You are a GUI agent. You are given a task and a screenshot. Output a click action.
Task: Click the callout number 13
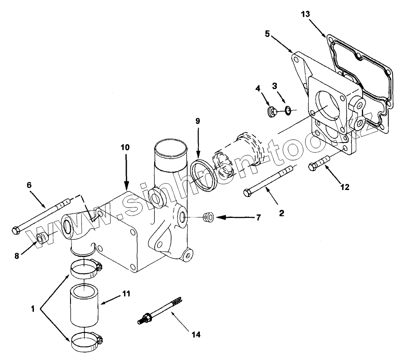306,14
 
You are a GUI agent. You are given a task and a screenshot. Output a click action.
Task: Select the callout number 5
268,33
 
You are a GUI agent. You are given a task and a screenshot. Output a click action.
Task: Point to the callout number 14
196,335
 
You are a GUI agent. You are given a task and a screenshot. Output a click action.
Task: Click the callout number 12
345,188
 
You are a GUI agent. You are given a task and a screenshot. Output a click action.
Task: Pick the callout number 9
198,121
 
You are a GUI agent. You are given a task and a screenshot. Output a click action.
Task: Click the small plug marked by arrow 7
208,216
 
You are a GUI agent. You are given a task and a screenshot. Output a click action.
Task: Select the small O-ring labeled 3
287,111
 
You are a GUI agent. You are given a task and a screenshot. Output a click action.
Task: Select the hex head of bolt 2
247,192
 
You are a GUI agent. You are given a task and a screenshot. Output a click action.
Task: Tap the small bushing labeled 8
43,237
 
